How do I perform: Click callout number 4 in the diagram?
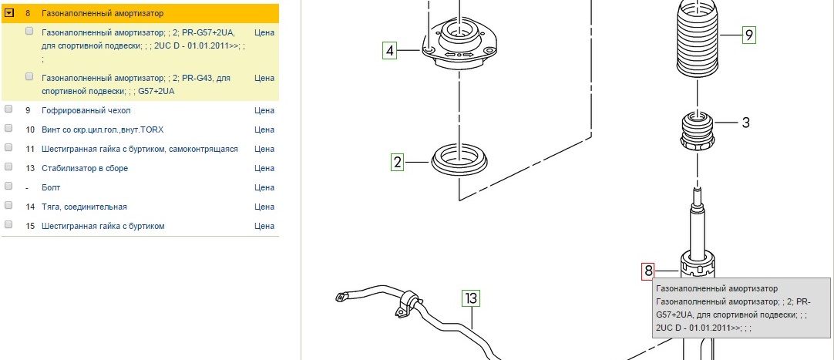[390, 52]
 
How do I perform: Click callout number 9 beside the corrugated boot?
[749, 34]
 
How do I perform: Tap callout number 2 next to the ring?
[398, 162]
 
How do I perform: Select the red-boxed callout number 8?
[648, 271]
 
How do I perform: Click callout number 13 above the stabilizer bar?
[471, 297]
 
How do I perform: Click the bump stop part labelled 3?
[698, 132]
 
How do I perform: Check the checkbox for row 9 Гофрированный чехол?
[8, 109]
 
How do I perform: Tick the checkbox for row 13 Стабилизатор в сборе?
[8, 167]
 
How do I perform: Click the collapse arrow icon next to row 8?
[10, 13]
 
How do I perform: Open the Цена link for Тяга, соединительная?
[264, 207]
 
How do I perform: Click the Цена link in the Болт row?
[264, 187]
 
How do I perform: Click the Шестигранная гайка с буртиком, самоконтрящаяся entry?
[140, 149]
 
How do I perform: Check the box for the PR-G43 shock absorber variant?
[29, 76]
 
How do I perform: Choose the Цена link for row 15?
[264, 226]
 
